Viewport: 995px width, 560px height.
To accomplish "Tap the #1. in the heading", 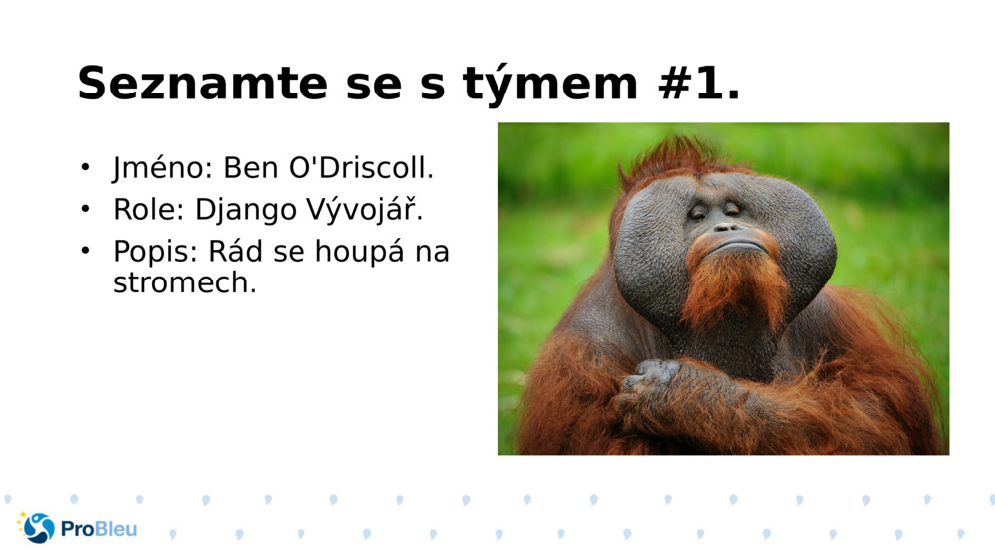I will [x=699, y=83].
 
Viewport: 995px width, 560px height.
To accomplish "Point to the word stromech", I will [x=184, y=282].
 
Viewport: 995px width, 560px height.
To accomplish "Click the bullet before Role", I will [x=86, y=209].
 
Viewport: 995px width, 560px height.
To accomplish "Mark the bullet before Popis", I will [x=86, y=251].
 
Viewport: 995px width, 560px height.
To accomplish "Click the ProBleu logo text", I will [x=99, y=529].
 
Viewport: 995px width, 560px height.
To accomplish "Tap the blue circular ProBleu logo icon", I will [x=38, y=528].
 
